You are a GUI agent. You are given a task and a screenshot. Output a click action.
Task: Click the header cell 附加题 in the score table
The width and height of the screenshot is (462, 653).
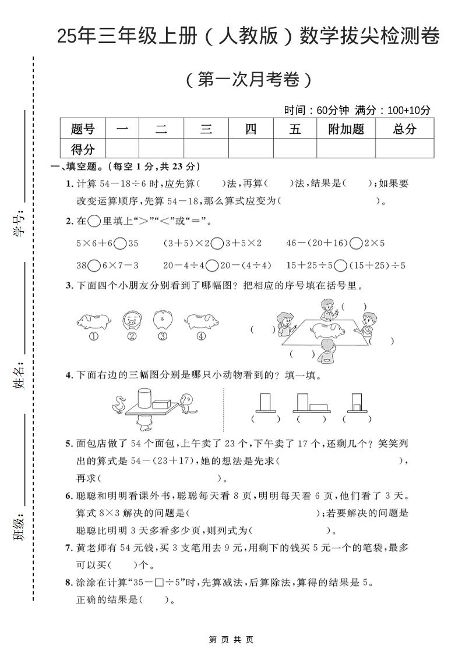click(346, 129)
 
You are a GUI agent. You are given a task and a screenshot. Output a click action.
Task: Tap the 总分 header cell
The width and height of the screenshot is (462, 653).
click(404, 129)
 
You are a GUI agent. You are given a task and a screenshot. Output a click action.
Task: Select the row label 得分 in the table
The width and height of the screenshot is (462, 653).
click(83, 149)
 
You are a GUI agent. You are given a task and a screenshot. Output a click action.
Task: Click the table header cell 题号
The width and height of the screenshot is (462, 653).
click(83, 129)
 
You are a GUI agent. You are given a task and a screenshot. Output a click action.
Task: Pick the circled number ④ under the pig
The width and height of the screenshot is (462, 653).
click(201, 336)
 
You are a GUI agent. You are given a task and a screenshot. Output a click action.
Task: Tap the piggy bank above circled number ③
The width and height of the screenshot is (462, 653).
click(163, 320)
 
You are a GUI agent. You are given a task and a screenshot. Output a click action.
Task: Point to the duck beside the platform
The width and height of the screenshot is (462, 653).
click(121, 403)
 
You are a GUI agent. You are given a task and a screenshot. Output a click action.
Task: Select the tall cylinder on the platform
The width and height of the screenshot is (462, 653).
click(143, 398)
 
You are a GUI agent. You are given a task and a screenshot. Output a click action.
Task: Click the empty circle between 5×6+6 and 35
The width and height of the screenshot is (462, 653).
click(121, 243)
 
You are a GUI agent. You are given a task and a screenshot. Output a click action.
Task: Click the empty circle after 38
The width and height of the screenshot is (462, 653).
click(93, 265)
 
